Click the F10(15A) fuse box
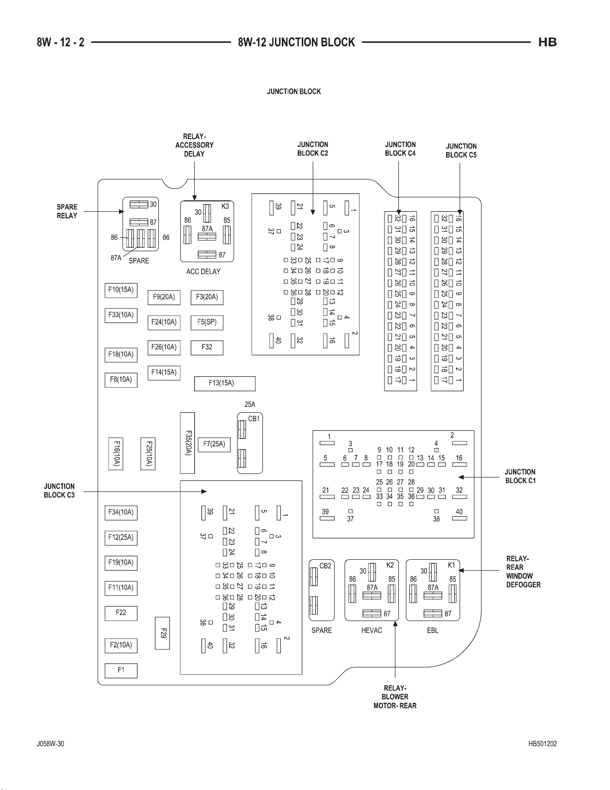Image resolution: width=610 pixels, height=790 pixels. pos(121,290)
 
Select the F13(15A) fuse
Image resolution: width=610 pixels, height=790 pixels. pos(225,383)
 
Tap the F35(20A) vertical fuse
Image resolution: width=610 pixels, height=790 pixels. pos(187,443)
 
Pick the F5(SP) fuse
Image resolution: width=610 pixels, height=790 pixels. pos(207,322)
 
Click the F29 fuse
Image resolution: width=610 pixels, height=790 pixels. pos(162,633)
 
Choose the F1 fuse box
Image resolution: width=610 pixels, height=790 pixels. pos(121,670)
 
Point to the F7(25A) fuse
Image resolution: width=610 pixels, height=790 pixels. pos(214,444)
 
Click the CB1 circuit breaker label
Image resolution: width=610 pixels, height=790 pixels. pos(254,419)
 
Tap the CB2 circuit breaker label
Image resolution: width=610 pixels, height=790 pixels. pos(325,566)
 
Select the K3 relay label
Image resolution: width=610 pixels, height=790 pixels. pos(225,206)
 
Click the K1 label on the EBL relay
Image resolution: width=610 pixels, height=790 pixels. pos(451,565)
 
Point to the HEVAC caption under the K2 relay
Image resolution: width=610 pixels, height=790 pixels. pos(372,631)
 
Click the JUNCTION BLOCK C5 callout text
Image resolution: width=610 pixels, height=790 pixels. pos(461,151)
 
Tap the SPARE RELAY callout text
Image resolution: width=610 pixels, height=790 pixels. pos(67,211)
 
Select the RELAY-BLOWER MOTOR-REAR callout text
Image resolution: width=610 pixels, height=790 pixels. pos(395,697)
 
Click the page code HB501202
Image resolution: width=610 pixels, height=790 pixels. pos(542,744)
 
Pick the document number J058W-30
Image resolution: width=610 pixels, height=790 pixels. pos(50,744)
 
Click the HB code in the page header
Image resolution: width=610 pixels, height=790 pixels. pos(548,42)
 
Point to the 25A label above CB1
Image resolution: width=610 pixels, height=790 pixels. pos(250,404)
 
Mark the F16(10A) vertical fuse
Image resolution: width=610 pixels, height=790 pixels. pos(116,454)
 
